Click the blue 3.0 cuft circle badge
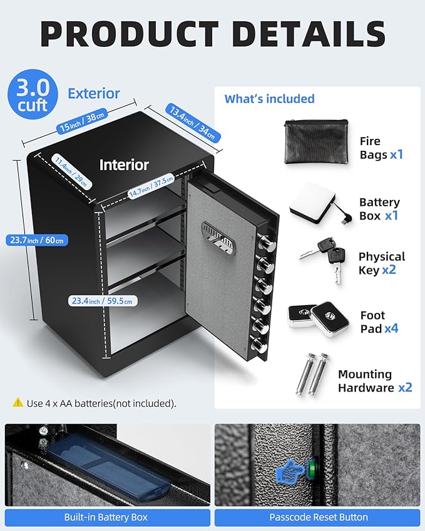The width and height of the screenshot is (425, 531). coord(33,94)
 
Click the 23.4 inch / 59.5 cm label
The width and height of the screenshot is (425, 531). coord(103,301)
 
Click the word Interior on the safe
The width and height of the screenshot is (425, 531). coord(124,165)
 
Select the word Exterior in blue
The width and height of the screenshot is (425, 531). coord(93,94)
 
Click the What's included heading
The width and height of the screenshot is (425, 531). coord(269,99)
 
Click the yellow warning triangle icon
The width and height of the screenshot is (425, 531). coord(18,403)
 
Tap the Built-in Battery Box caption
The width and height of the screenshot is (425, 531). coord(106,517)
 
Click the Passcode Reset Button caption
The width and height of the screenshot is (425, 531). coord(317,517)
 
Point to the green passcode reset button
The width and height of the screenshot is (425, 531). coord(313,466)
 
